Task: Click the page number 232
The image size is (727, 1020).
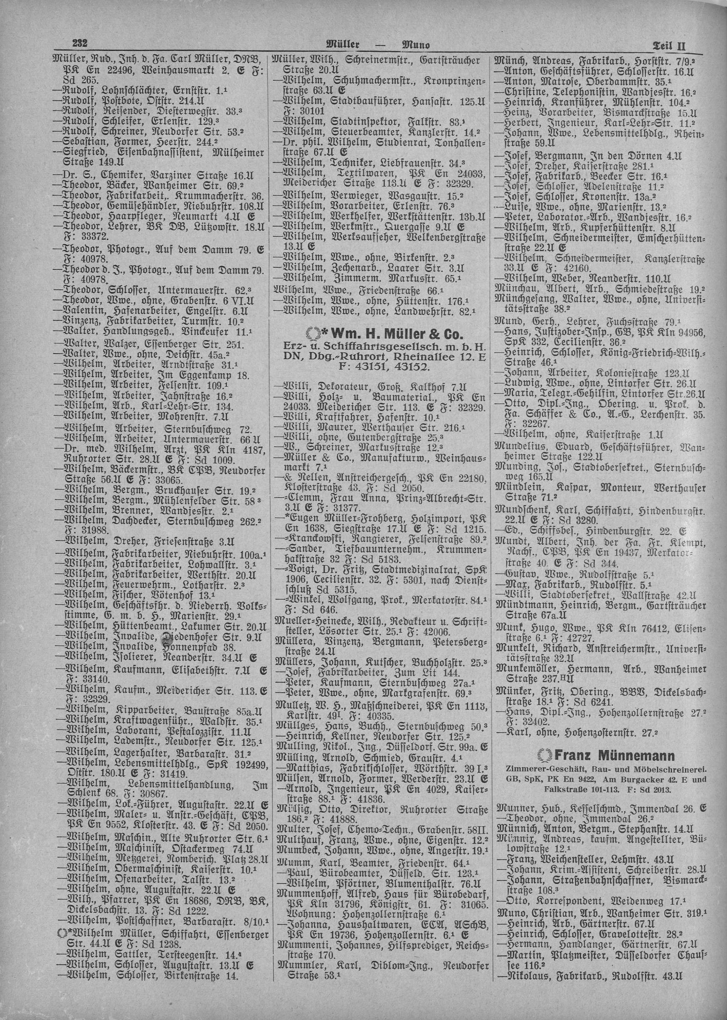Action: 79,44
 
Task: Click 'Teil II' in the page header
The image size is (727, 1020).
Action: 670,45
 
